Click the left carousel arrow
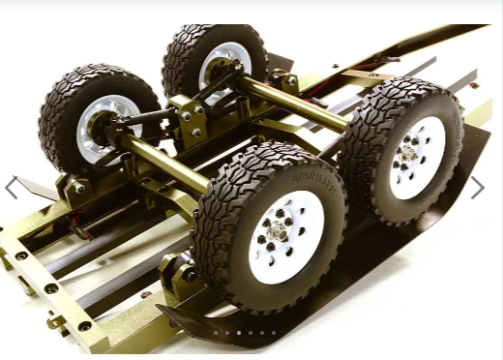point(11,188)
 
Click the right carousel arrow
point(477,188)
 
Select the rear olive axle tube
point(290,103)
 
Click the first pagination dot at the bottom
point(215,333)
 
